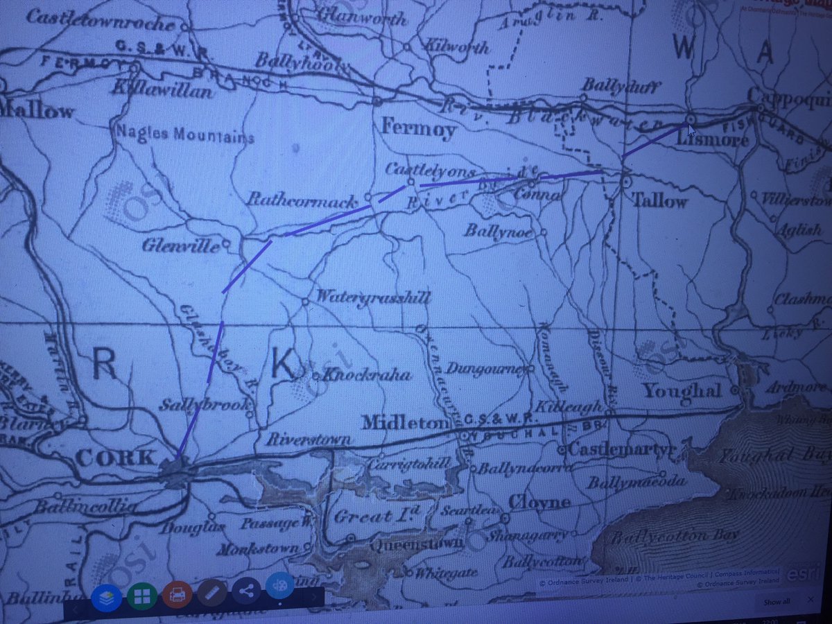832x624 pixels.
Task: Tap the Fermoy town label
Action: pos(418,130)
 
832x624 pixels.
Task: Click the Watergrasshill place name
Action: pos(372,298)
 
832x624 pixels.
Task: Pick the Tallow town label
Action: pos(659,201)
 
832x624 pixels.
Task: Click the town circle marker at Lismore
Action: pos(690,120)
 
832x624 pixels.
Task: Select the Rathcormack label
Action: pos(302,200)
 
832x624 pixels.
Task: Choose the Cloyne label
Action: pos(539,501)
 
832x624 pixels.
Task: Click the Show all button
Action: pos(776,601)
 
